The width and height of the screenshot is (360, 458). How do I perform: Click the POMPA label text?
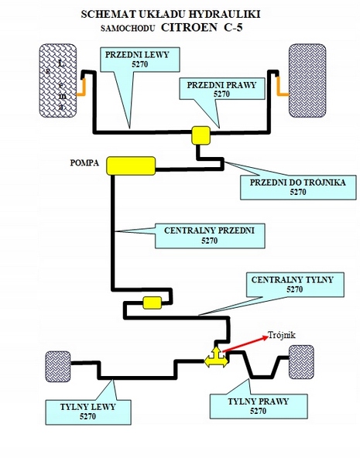pyautogui.click(x=84, y=162)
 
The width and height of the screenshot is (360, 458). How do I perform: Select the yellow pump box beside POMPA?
pyautogui.click(x=131, y=166)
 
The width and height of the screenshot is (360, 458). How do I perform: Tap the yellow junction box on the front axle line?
pyautogui.click(x=201, y=135)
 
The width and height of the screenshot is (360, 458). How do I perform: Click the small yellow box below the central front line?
pyautogui.click(x=153, y=303)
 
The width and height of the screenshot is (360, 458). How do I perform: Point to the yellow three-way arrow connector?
pyautogui.click(x=216, y=357)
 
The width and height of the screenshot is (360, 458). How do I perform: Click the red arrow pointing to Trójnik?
pyautogui.click(x=245, y=343)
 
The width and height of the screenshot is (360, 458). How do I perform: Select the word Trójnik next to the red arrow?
pyautogui.click(x=282, y=335)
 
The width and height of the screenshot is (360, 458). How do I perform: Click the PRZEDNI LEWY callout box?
pyautogui.click(x=139, y=60)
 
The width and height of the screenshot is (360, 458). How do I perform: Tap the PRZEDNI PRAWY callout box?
pyautogui.click(x=221, y=89)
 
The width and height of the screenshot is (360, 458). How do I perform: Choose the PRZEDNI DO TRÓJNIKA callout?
pyautogui.click(x=298, y=187)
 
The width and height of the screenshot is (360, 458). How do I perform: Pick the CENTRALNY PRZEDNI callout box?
pyautogui.click(x=210, y=236)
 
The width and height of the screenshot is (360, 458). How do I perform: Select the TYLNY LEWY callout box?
pyautogui.click(x=88, y=412)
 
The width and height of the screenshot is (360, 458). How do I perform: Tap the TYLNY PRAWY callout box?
pyautogui.click(x=259, y=406)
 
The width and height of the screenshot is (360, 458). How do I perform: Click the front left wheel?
pyautogui.click(x=58, y=80)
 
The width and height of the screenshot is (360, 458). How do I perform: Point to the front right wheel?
pyautogui.click(x=307, y=80)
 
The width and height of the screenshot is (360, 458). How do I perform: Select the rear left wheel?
pyautogui.click(x=58, y=367)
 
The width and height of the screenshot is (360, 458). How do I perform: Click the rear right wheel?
pyautogui.click(x=301, y=362)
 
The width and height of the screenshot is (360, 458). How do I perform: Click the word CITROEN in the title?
pyautogui.click(x=189, y=27)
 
